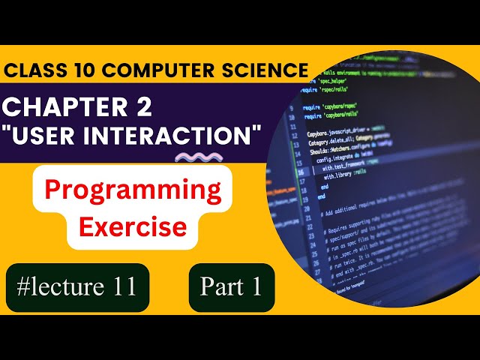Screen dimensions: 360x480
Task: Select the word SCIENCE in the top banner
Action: pos(262,70)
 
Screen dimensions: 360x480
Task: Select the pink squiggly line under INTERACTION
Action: pos(198,157)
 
